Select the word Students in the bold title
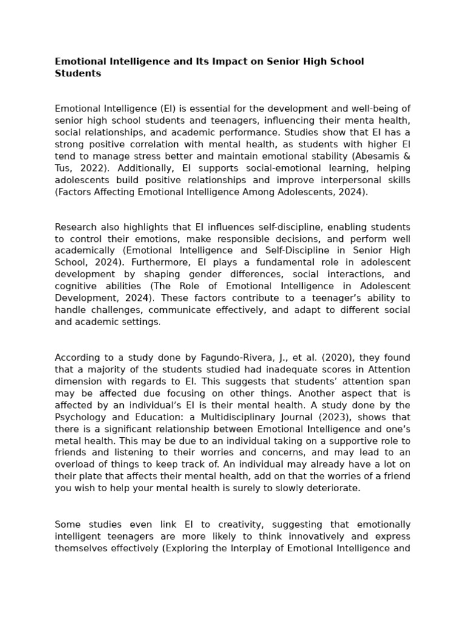pyautogui.click(x=78, y=73)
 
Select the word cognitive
pyautogui.click(x=75, y=286)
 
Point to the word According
pyautogui.click(x=77, y=358)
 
